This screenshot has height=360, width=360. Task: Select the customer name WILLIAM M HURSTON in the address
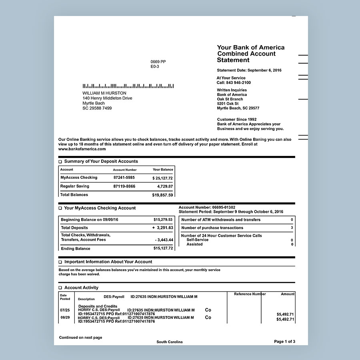[x=104, y=93]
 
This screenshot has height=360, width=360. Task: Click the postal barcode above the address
[x=128, y=86]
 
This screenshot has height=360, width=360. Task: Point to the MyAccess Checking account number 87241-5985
[x=124, y=178]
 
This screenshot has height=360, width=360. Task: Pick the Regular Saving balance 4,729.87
[x=165, y=186]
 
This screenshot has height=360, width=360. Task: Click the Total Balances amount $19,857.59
[x=162, y=195]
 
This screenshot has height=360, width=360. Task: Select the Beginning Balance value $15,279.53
[x=163, y=220]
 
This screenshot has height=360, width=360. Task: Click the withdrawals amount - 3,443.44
[x=164, y=240]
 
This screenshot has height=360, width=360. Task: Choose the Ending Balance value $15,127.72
[x=163, y=248]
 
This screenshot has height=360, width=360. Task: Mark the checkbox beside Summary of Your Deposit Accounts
[x=60, y=162]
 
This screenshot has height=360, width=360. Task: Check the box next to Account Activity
[x=60, y=288]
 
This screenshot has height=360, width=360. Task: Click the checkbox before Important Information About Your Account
[x=60, y=262]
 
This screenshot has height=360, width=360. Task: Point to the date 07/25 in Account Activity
[x=65, y=310]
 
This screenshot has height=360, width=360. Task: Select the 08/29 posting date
[x=65, y=318]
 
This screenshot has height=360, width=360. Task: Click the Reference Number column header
[x=250, y=294]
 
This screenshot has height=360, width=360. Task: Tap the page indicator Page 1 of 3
[x=284, y=342]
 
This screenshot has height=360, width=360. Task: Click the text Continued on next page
[x=80, y=338]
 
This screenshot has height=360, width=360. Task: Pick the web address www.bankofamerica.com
[x=82, y=149]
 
